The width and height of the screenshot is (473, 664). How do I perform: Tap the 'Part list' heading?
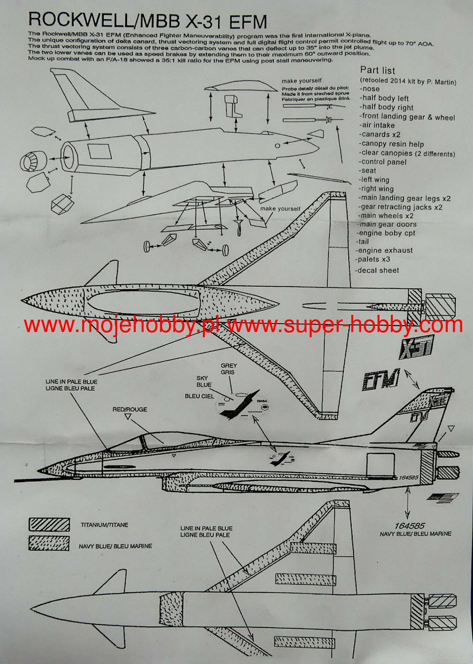(x=378, y=70)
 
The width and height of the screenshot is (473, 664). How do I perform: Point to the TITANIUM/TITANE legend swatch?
(x=49, y=525)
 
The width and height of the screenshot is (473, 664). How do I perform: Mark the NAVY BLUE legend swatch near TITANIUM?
(x=49, y=543)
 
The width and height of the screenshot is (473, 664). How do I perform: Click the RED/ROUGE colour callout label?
(x=130, y=409)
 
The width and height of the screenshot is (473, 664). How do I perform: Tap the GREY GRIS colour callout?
(x=229, y=369)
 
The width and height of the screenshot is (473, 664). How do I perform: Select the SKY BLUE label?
(x=204, y=381)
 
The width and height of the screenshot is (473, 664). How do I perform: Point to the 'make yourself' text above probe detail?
(x=302, y=81)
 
